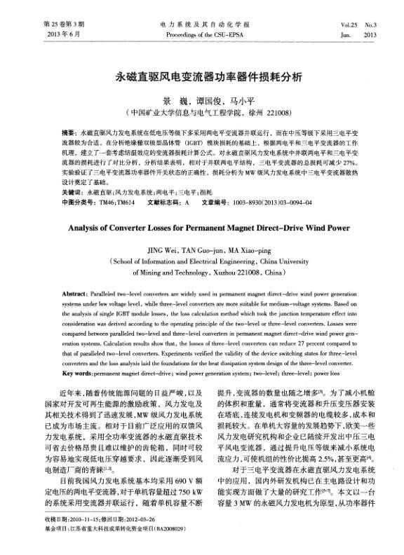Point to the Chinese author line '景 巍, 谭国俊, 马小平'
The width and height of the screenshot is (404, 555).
pyautogui.click(x=202, y=100)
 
